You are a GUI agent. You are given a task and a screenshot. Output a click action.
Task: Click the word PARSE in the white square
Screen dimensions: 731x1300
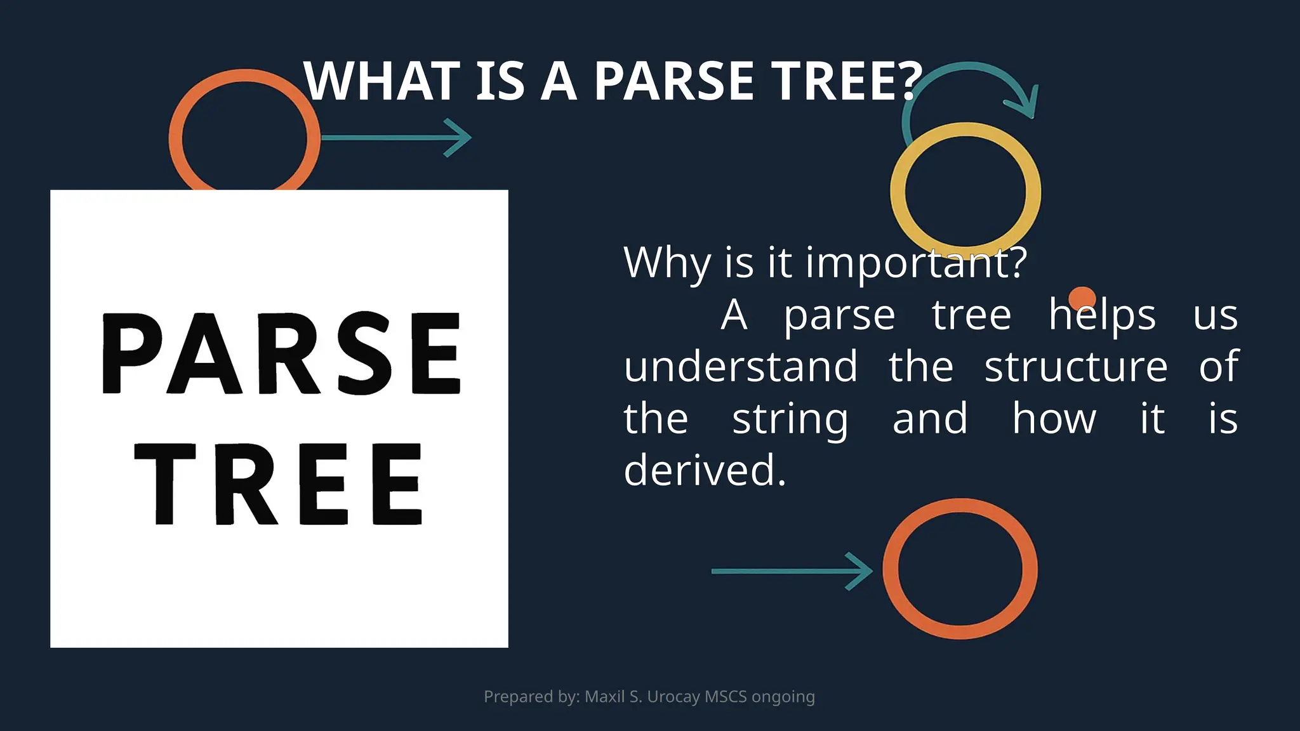tap(281, 353)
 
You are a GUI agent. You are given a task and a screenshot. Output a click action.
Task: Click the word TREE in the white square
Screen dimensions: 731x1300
tap(279, 484)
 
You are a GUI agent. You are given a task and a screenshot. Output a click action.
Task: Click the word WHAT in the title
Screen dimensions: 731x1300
tap(381, 81)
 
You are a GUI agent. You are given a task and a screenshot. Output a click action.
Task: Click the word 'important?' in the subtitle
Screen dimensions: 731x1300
tap(916, 262)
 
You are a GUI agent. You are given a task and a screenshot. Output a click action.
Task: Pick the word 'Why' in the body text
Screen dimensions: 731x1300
tap(667, 262)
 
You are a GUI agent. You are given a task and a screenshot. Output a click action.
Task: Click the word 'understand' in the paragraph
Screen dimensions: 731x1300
tap(741, 367)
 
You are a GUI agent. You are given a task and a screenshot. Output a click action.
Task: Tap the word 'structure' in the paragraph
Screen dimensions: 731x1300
tap(1076, 367)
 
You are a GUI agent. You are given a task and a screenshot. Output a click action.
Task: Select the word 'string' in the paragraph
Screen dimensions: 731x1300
tap(790, 419)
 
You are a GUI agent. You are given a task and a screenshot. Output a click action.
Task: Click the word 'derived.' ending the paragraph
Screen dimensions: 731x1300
tap(705, 470)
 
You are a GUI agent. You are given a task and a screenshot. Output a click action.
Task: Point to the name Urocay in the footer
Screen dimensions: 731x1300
tap(673, 697)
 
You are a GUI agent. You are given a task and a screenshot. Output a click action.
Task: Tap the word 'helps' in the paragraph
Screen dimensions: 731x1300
tap(1102, 315)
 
